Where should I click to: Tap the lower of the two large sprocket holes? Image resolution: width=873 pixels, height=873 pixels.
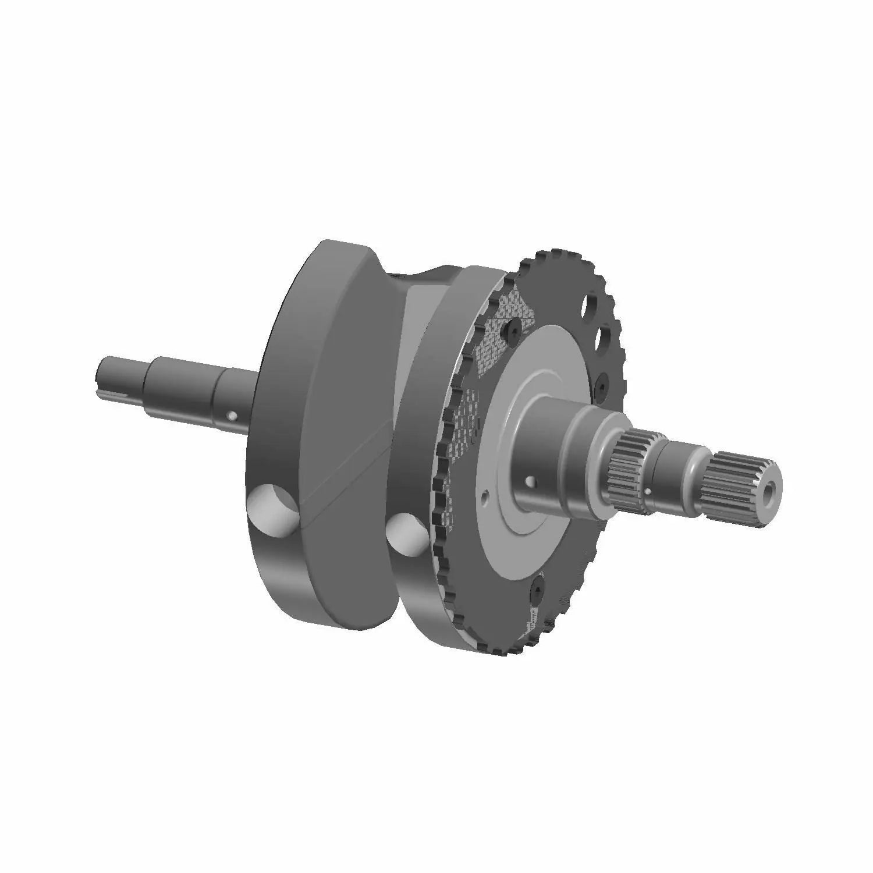pyautogui.click(x=608, y=337)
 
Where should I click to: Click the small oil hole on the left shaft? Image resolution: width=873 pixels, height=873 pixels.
pyautogui.click(x=232, y=416)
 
